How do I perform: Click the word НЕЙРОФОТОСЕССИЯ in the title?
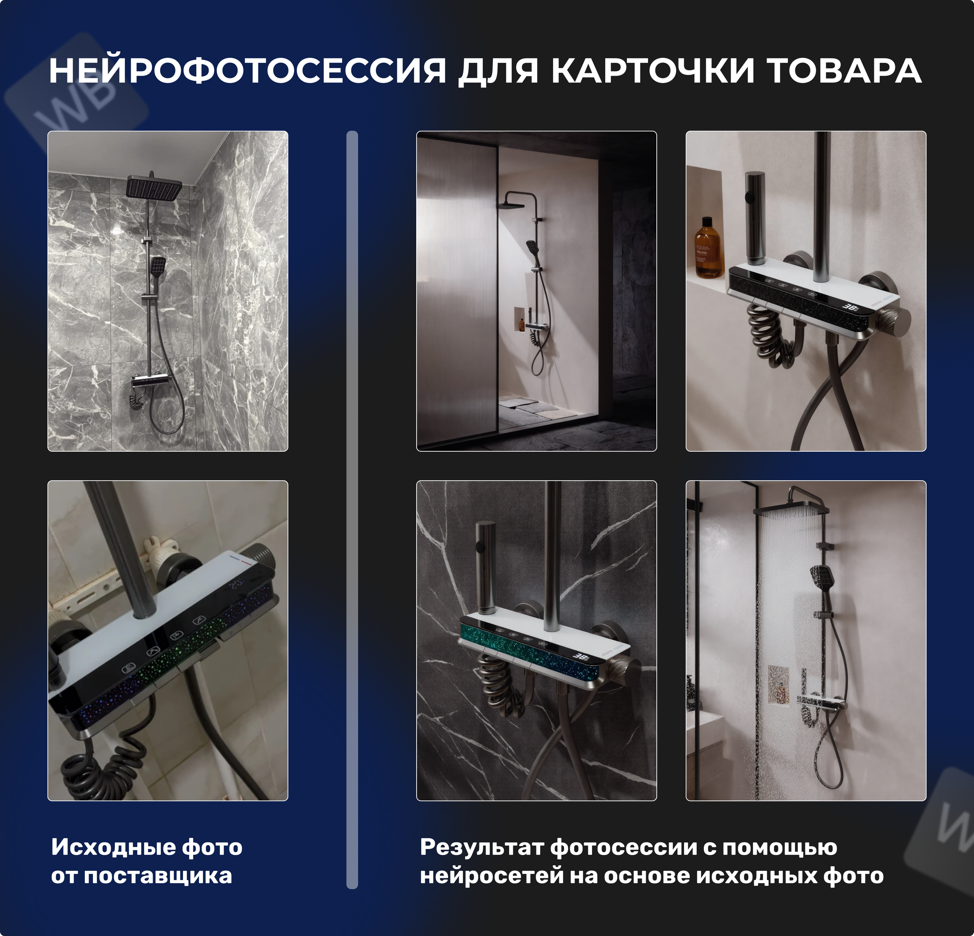[247, 71]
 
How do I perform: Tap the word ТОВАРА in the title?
[845, 71]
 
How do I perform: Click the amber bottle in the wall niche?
[708, 247]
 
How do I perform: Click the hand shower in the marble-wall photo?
[158, 267]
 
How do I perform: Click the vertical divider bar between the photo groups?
[352, 507]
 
